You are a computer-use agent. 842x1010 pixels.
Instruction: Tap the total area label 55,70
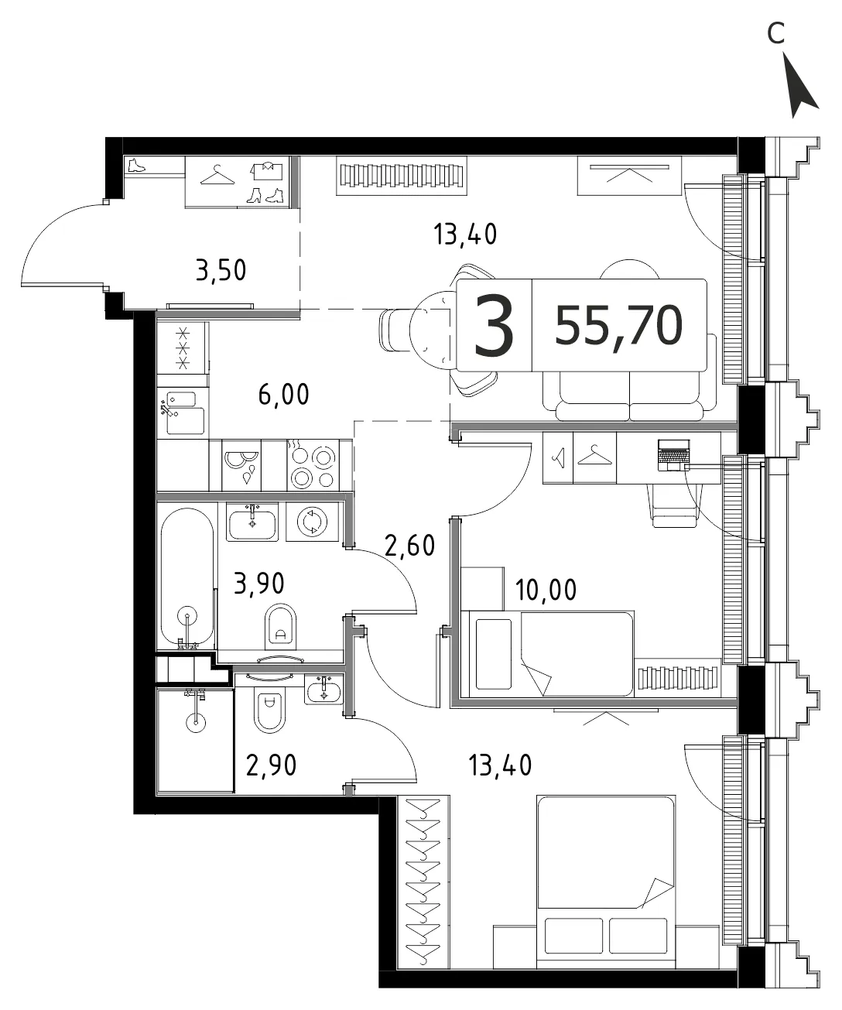coord(618,326)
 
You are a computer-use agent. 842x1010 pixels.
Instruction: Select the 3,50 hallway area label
coord(221,271)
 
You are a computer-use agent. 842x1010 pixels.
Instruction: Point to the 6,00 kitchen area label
coord(284,395)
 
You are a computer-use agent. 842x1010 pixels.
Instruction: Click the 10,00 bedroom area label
coord(546,590)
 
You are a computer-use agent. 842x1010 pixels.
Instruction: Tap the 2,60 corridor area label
coord(410,545)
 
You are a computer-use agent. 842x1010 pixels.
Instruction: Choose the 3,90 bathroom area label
coord(259,584)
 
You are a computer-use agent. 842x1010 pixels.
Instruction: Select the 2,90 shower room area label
coord(272,765)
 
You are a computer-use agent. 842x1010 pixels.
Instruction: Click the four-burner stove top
coord(313,465)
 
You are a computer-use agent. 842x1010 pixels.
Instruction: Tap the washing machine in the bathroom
coord(313,522)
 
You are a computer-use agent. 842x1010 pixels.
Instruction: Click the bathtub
coord(187,577)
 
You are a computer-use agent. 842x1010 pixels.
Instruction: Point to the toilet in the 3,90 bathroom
coord(280,626)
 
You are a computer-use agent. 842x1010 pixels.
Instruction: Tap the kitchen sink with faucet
coord(183,412)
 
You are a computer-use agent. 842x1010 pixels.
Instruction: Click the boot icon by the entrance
coord(136,166)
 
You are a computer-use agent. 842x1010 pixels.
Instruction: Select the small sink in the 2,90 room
coord(323,690)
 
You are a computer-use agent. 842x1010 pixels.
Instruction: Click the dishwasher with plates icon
coord(241,465)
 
